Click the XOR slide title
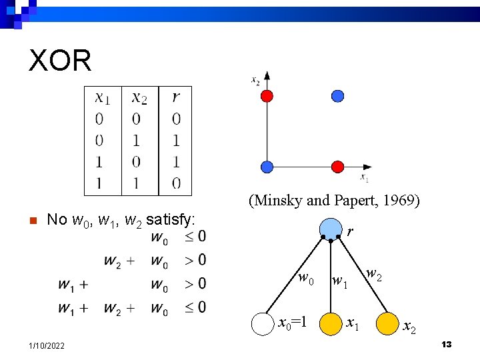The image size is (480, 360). tap(60, 61)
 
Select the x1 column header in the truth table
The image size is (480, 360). tap(103, 98)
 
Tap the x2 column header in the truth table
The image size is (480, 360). tap(139, 98)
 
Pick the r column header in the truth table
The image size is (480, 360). tap(175, 98)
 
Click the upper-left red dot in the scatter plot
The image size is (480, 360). tap(267, 96)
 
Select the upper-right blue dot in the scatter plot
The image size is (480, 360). tap(338, 96)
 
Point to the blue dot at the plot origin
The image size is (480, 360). tap(267, 167)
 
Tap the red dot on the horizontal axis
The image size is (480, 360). tap(338, 167)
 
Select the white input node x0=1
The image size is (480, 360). tap(263, 323)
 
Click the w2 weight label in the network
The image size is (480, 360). tap(375, 274)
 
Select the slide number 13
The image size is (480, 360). tap(447, 344)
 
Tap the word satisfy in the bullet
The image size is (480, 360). tap(170, 219)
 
